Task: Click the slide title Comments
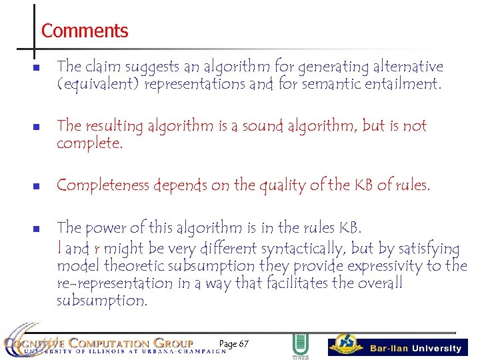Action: (84, 31)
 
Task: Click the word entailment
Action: (399, 85)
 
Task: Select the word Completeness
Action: (102, 185)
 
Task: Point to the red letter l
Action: (59, 249)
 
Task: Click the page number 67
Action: (243, 344)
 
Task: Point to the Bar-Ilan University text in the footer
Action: (415, 348)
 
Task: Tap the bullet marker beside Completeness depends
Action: (37, 186)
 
